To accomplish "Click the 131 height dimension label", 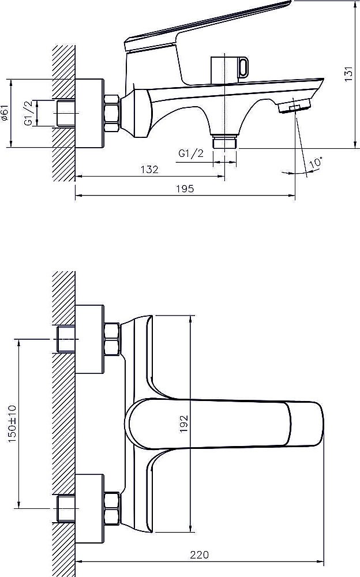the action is tap(348, 74).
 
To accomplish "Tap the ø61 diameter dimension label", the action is tap(4, 113).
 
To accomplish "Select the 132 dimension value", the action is tap(149, 169).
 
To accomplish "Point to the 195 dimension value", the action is tap(185, 189).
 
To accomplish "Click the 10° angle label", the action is tap(316, 162).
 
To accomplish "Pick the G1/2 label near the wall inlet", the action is tap(29, 113).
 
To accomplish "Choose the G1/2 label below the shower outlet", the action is tap(191, 153).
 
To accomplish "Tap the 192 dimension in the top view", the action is tap(183, 424).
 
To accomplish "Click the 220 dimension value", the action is tap(199, 554).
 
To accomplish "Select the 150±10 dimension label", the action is tap(12, 424).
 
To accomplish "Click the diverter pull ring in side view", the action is tap(243, 67).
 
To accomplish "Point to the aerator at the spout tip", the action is tap(294, 107).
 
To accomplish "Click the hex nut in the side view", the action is tap(112, 113).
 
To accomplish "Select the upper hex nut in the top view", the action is tap(112, 339).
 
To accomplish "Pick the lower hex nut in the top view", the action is tap(112, 508).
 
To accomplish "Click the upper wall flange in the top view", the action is tap(89, 339).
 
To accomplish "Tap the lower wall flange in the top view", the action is tap(89, 508).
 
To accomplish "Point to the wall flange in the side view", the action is tap(89, 113).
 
